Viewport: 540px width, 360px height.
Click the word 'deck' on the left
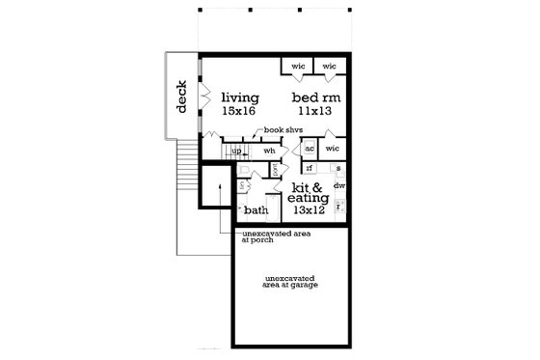tap(180, 96)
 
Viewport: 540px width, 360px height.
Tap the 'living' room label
tap(240, 97)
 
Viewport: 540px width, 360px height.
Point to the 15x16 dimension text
tap(240, 112)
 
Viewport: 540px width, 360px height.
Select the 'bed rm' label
tap(314, 97)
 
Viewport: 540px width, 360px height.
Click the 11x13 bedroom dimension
tap(314, 112)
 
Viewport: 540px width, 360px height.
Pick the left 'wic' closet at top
tap(298, 67)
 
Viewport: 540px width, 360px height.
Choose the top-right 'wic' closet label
tap(329, 67)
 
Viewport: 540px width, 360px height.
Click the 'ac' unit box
tap(310, 150)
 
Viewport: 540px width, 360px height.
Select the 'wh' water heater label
tap(270, 151)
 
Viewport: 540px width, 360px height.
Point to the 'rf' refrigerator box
tap(310, 168)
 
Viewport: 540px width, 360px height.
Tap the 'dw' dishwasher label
tap(338, 184)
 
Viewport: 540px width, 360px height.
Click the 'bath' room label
tap(256, 209)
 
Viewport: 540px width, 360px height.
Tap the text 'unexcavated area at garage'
tap(288, 283)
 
